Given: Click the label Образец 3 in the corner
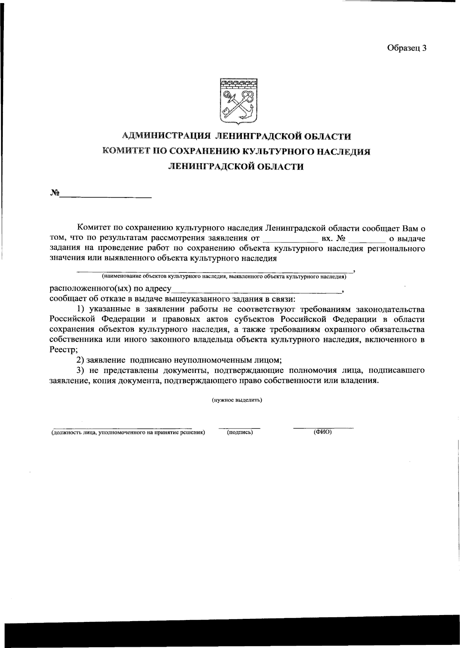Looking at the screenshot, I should point(407,48).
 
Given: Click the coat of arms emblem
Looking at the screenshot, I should point(238,101).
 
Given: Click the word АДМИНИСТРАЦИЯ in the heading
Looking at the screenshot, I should point(167,136).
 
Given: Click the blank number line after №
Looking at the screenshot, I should point(105,196).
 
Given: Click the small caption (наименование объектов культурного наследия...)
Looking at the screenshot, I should point(223,276).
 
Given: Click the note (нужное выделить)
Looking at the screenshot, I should point(237,400).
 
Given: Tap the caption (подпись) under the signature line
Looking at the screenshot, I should point(240,432).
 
